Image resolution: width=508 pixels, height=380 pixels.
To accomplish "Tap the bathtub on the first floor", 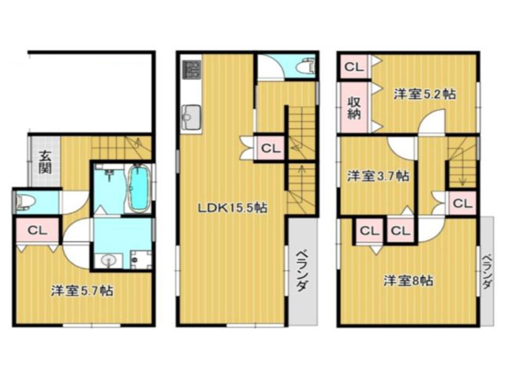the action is pos(140,188).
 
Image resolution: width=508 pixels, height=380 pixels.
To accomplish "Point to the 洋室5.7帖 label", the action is pos(82,291).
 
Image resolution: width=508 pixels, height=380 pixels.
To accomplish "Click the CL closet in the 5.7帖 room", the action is pos(37,231).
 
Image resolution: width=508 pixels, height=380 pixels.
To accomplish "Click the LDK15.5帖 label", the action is pos(232,208).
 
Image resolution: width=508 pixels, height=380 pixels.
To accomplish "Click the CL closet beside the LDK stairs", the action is pos(270,148).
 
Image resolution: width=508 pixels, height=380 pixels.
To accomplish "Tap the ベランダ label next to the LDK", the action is pos(302,271).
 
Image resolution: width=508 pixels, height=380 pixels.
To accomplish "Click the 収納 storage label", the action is pos(354,108).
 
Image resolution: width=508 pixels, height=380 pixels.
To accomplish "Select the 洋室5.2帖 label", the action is pos(424,94).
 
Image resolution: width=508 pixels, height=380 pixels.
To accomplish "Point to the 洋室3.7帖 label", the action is pos(378,176).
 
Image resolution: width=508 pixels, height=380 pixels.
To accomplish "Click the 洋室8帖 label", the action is pos(409,280).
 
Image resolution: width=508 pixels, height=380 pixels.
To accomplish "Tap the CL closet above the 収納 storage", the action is pos(354,67).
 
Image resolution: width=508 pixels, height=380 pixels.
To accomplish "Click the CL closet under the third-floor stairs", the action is pos(462,203).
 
